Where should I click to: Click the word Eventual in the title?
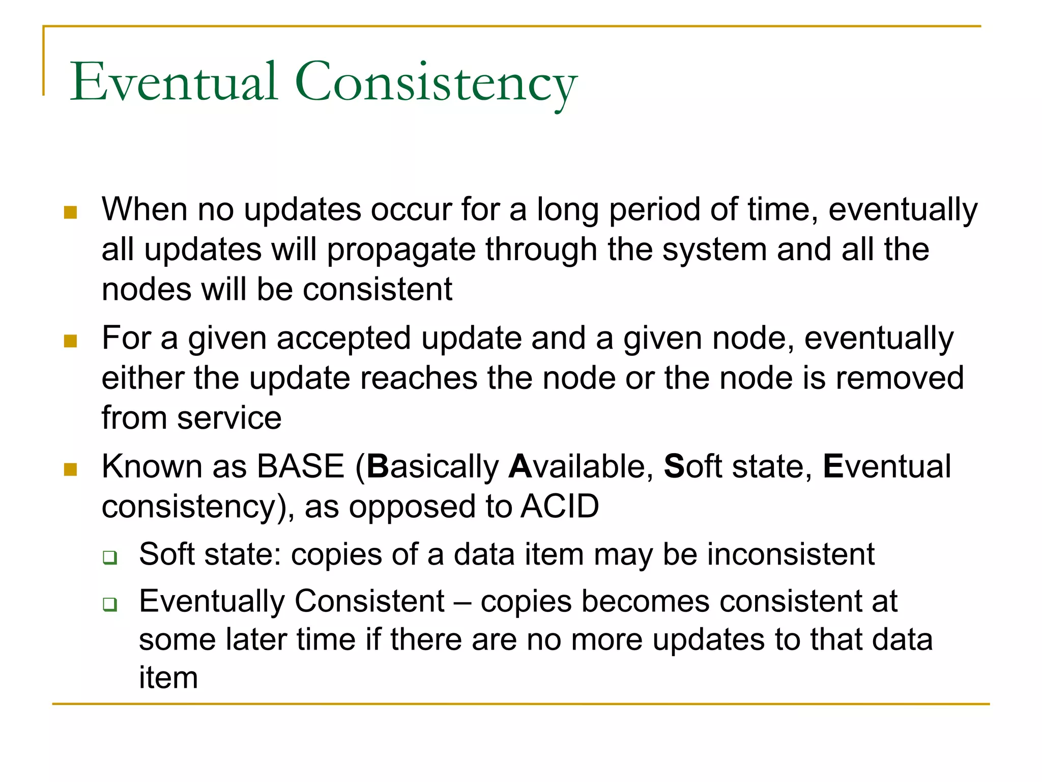[x=173, y=81]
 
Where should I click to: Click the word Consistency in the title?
[x=436, y=84]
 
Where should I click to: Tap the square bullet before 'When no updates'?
[x=70, y=212]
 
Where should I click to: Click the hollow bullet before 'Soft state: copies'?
[x=109, y=557]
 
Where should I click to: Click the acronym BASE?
[x=301, y=466]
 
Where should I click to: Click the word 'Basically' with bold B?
[x=433, y=467]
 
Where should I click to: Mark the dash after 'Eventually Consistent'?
[x=462, y=602]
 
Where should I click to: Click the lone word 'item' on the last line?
[x=168, y=678]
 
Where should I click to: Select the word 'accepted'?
[x=343, y=339]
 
